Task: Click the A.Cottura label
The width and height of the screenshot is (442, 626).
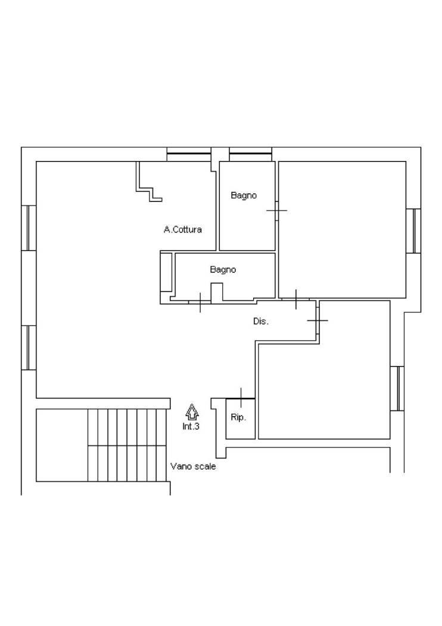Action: (183, 230)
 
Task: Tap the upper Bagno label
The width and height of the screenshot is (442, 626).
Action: (244, 196)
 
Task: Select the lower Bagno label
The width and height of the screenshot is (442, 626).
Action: (223, 269)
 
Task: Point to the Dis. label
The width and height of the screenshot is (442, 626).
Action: (261, 321)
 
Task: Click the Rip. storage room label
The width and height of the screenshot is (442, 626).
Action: (238, 417)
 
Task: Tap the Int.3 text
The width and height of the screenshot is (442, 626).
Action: (191, 426)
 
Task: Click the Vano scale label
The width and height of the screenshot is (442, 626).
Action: (193, 466)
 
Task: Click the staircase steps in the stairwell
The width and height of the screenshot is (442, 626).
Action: (126, 445)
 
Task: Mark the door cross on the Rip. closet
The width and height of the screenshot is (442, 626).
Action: (241, 398)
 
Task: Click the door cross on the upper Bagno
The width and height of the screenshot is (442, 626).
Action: (277, 210)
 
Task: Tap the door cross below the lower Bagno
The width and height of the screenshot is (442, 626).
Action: (200, 302)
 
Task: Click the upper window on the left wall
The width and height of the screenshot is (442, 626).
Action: (29, 228)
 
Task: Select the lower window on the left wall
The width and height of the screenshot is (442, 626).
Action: (29, 348)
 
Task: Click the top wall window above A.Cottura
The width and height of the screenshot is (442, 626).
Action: (189, 154)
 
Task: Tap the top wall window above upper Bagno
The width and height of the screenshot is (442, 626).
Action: (251, 154)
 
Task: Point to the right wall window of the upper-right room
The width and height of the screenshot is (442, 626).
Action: (413, 231)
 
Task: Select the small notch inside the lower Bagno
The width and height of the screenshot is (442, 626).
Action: (217, 292)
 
